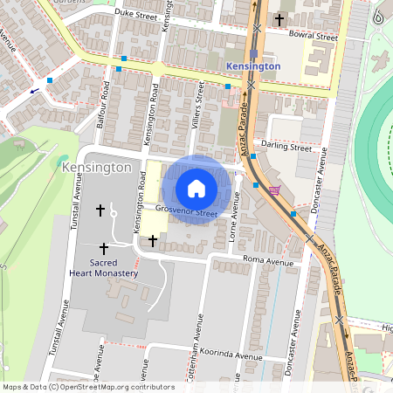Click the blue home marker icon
pyautogui.click(x=196, y=189)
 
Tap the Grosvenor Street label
pyautogui.click(x=186, y=211)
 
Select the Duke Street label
pyautogui.click(x=134, y=14)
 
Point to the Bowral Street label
pyautogui.click(x=314, y=38)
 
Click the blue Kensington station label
pyautogui.click(x=252, y=66)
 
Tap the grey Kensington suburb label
pyautogui.click(x=97, y=166)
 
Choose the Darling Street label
pyautogui.click(x=286, y=148)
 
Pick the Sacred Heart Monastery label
pyautogui.click(x=103, y=267)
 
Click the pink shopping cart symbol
pyautogui.click(x=275, y=191)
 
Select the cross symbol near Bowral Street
pyautogui.click(x=279, y=18)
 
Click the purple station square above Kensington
pyautogui.click(x=253, y=52)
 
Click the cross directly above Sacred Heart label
pyautogui.click(x=105, y=249)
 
